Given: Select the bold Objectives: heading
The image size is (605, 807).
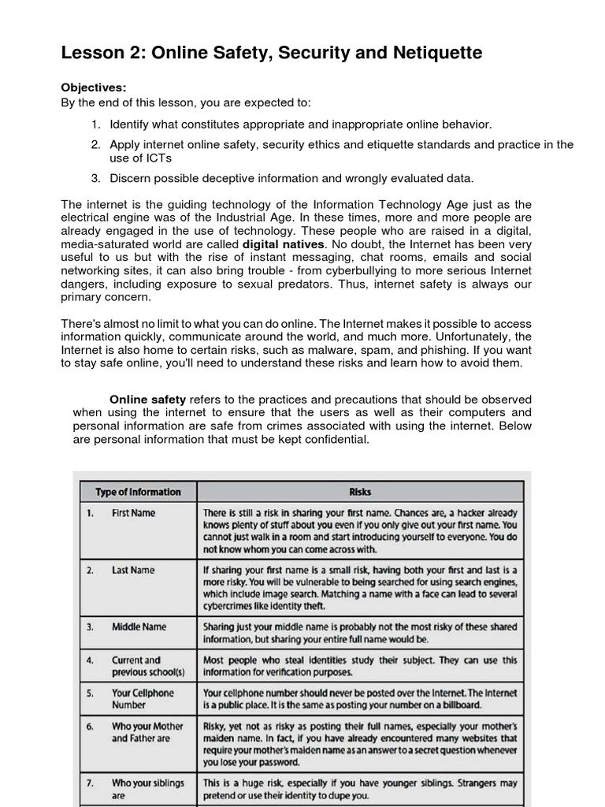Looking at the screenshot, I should point(94,87).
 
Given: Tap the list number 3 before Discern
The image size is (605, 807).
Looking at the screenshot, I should point(95,178).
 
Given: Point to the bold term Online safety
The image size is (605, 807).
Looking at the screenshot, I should point(147,400).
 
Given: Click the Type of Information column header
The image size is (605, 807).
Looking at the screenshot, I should point(138,492).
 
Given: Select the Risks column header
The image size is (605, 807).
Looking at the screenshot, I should point(360,492).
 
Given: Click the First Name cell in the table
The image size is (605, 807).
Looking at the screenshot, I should point(133,513).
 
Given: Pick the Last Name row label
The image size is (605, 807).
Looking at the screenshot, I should point(133,570).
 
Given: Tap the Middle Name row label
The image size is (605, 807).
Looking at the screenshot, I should point(139,627).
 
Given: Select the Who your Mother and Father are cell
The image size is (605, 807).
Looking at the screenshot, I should point(147,732).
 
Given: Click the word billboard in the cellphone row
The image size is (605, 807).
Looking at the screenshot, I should point(455,705).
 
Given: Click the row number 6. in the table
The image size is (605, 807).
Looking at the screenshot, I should point(91,727).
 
